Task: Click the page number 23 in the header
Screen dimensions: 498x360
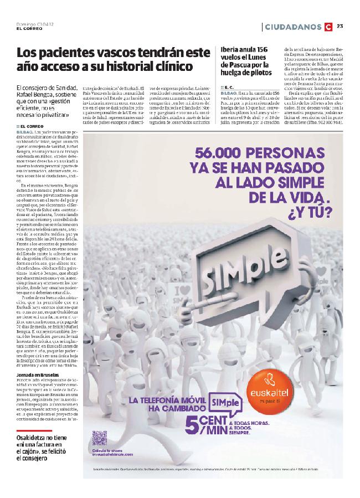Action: [x=341, y=26]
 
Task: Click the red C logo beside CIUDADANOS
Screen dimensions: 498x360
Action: [x=329, y=26]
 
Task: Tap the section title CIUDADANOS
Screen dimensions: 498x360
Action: [x=293, y=26]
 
